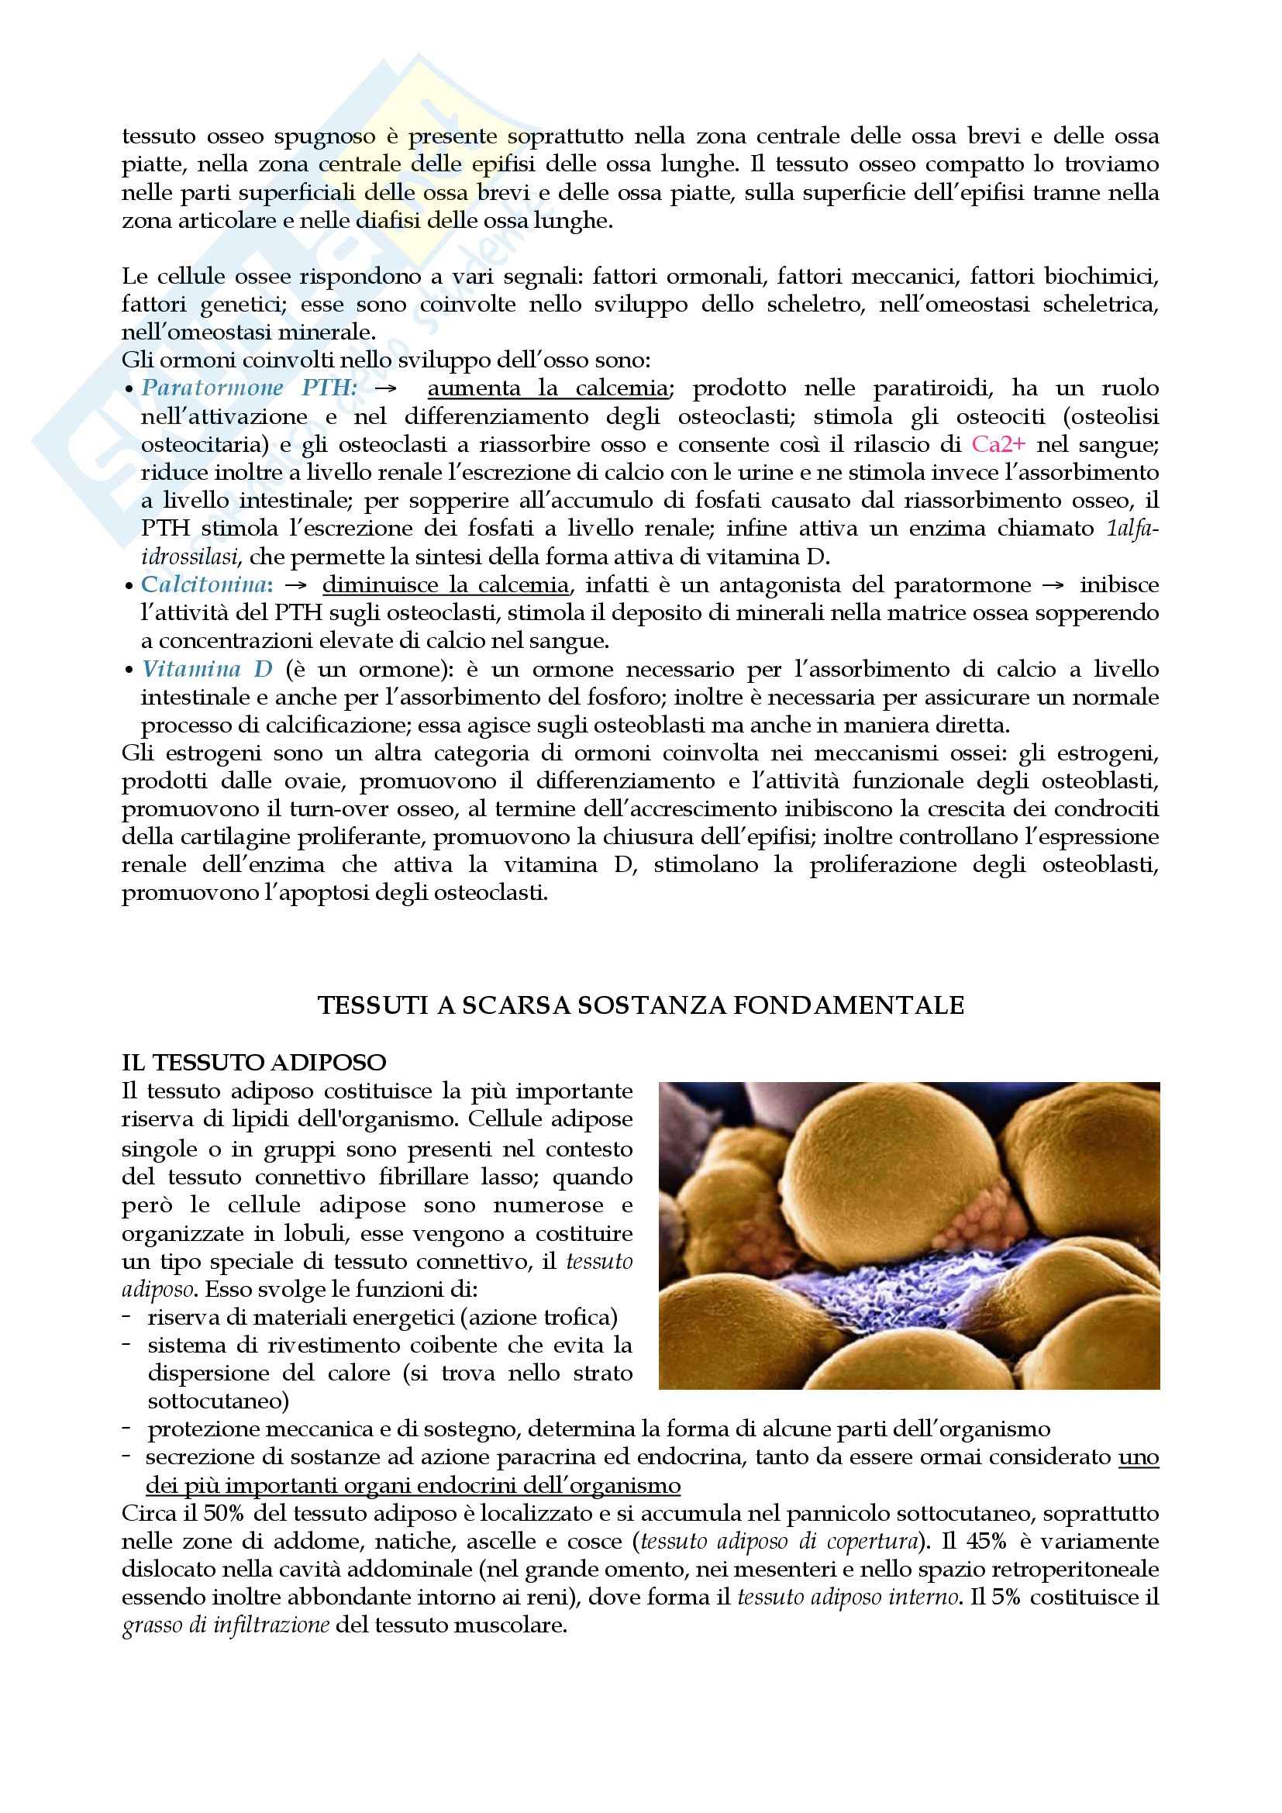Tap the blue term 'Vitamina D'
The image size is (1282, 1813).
point(207,670)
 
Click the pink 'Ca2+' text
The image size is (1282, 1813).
point(998,445)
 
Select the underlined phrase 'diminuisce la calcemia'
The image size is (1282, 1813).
point(445,585)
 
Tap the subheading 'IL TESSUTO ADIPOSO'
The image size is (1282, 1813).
point(253,1062)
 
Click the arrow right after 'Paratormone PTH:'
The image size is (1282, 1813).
point(385,388)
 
